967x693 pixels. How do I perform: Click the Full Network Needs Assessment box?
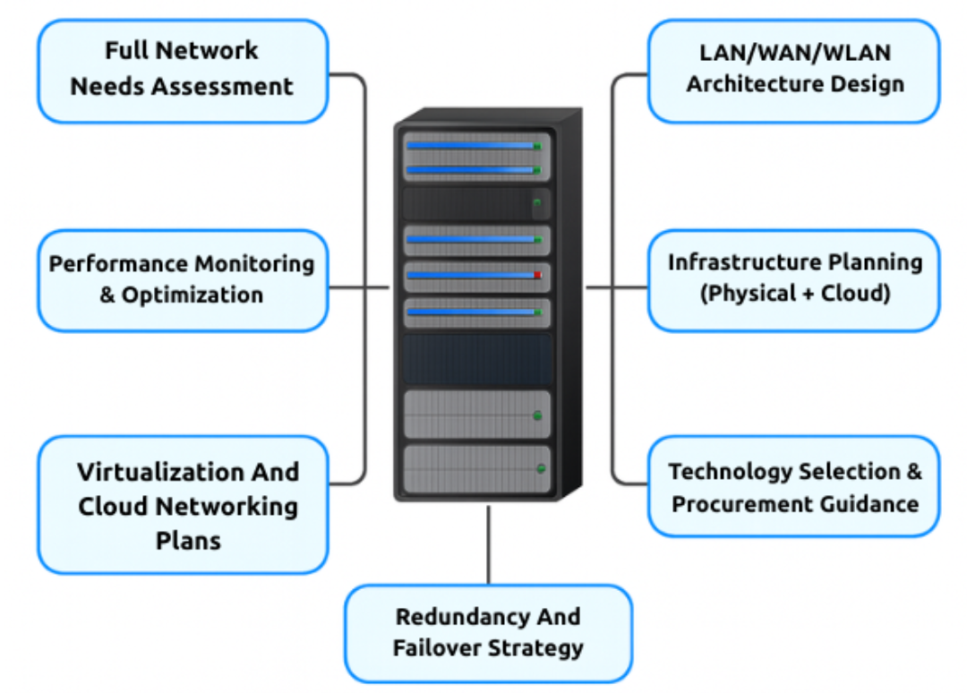[x=183, y=70]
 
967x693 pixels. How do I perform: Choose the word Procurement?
[x=725, y=504]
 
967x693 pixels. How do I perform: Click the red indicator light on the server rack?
[x=537, y=275]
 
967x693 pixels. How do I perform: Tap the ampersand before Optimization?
[x=107, y=295]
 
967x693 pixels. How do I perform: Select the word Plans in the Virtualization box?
[x=188, y=541]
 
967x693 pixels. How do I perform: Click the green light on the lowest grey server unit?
[x=540, y=467]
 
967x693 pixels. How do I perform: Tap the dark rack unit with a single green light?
[x=475, y=203]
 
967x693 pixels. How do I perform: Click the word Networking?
[x=218, y=506]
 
